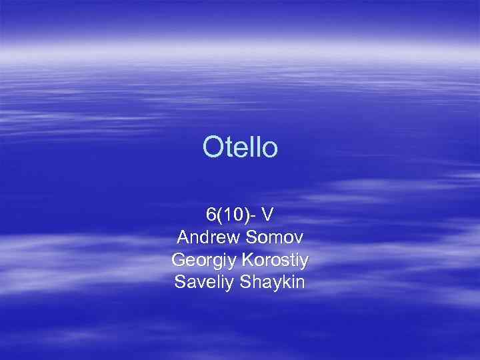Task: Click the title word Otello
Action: (240, 148)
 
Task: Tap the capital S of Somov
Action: (251, 237)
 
